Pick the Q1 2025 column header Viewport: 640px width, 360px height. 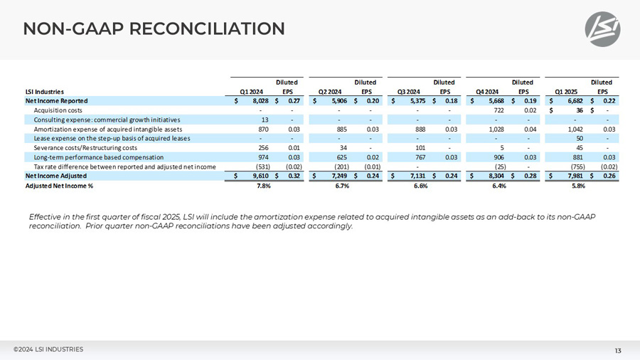567,91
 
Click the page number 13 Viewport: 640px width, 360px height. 618,350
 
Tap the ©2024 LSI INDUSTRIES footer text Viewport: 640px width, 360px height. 48,349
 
